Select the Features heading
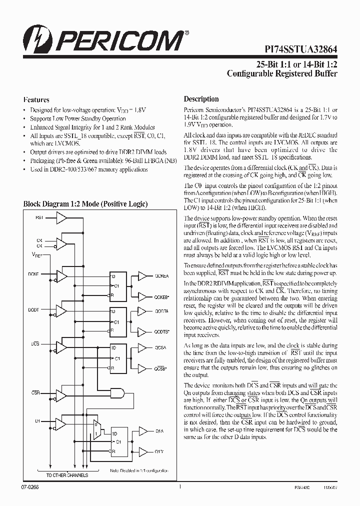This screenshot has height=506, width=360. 36,99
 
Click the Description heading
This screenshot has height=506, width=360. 201,99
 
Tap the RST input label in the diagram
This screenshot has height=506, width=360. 39,217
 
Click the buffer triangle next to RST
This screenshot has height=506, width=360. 61,217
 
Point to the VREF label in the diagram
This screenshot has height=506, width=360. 36,254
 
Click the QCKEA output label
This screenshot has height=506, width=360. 161,275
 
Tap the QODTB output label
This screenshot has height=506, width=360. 162,331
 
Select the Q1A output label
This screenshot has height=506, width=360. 159,430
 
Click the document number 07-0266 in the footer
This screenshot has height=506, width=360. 30,486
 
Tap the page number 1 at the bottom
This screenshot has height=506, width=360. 179,485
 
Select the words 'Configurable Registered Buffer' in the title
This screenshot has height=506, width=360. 282,73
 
